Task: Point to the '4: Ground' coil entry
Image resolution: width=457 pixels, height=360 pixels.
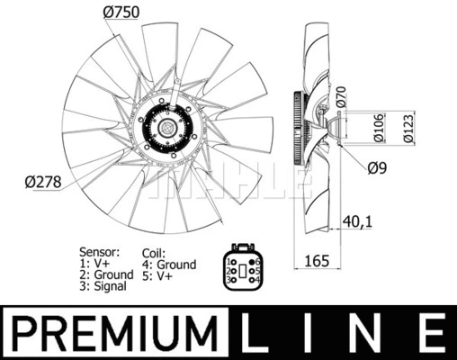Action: point(169,265)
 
